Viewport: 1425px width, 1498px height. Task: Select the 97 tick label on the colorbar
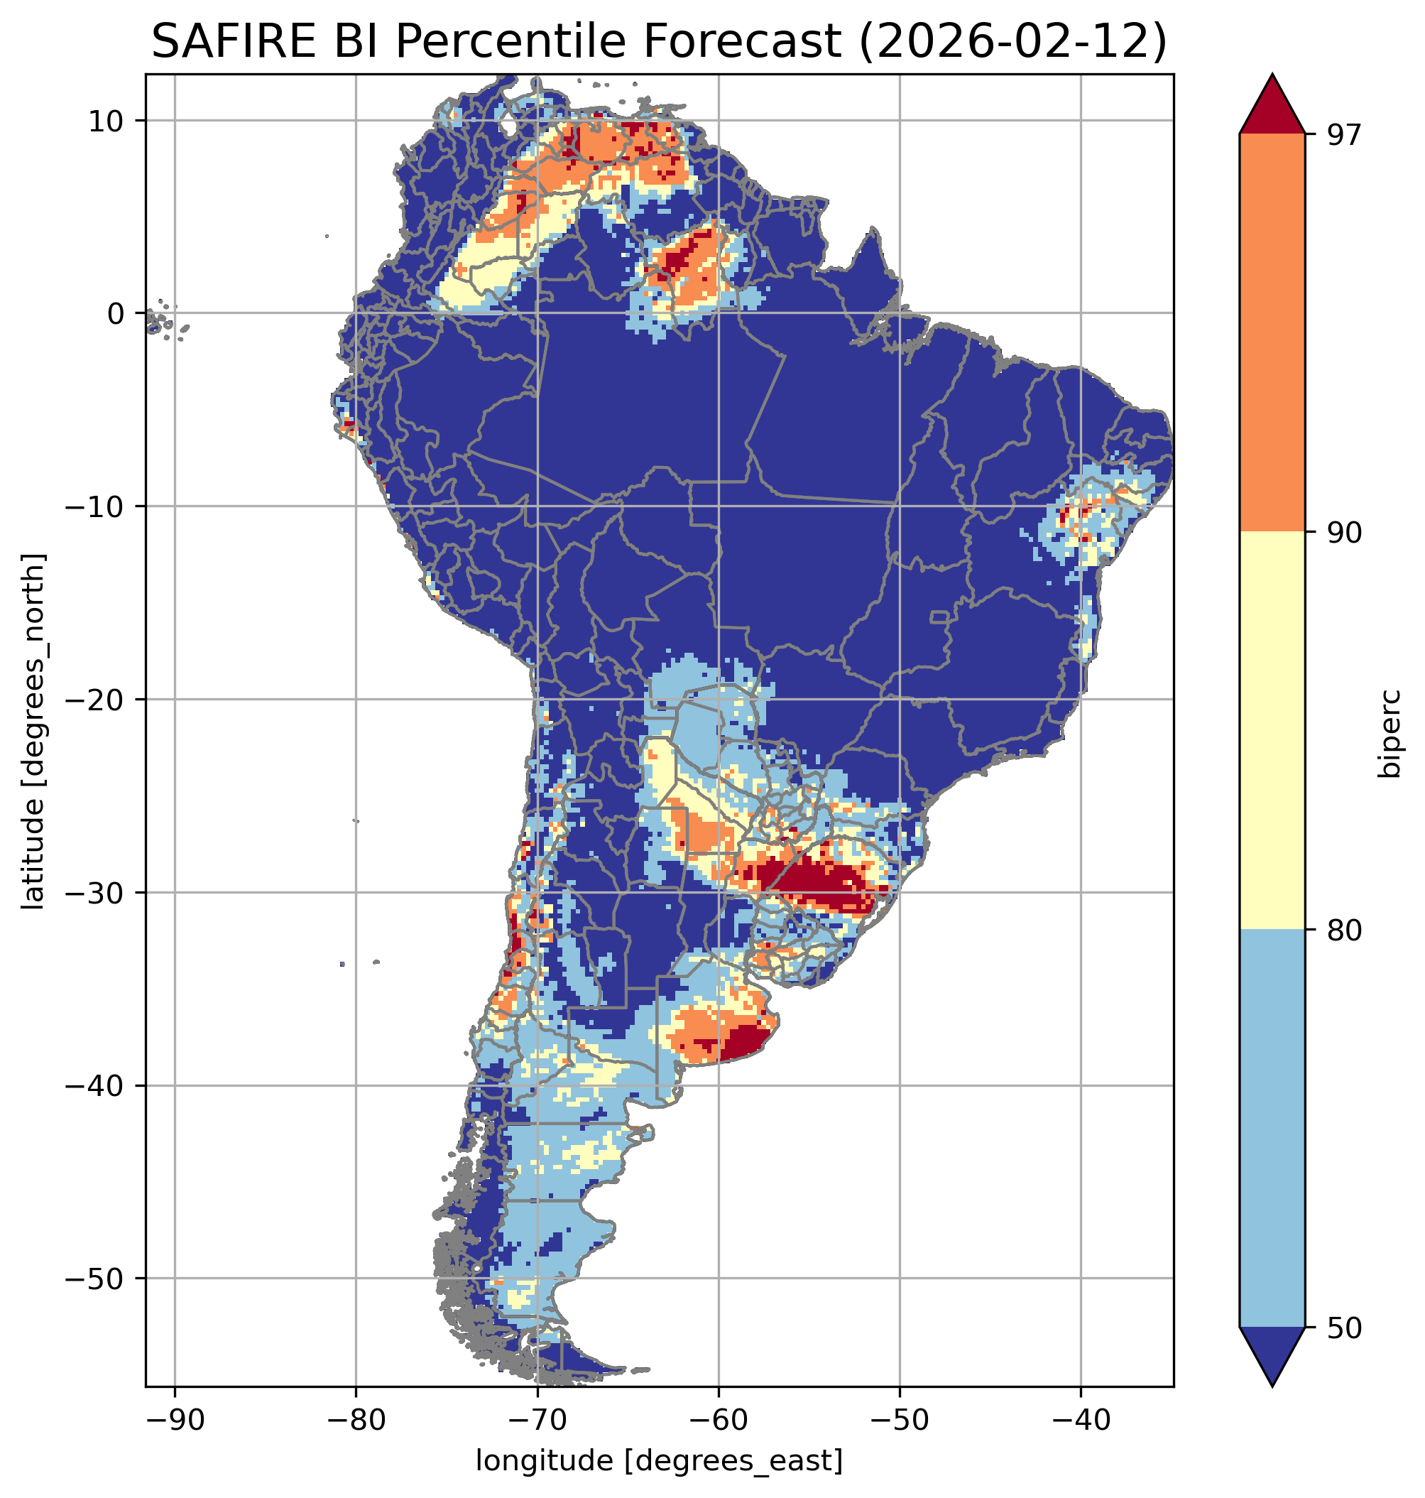[1344, 134]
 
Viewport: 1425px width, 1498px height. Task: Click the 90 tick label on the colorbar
[1344, 532]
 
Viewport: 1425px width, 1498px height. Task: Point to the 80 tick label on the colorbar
[1344, 930]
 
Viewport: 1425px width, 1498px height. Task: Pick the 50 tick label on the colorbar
[1344, 1328]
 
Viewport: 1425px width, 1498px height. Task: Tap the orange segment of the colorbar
[1272, 333]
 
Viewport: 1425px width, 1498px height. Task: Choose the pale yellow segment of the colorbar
[1272, 729]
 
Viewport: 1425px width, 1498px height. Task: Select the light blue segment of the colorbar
[1272, 1129]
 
